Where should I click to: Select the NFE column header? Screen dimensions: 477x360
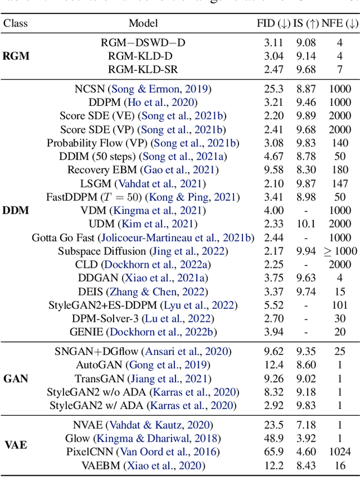coord(340,24)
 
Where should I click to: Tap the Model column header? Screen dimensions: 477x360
coord(143,24)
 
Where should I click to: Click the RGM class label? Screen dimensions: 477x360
coord(16,56)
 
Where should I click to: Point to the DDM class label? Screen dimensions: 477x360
coord(16,210)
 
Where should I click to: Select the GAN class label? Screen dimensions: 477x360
coord(15,379)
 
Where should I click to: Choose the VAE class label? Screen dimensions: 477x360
coord(15,445)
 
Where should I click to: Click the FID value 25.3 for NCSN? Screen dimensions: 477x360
coord(273,89)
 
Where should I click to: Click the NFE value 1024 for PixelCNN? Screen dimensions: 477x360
coord(340,452)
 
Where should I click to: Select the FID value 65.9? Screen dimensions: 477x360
coord(273,452)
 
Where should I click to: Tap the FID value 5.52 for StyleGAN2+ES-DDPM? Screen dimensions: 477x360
coord(273,305)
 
